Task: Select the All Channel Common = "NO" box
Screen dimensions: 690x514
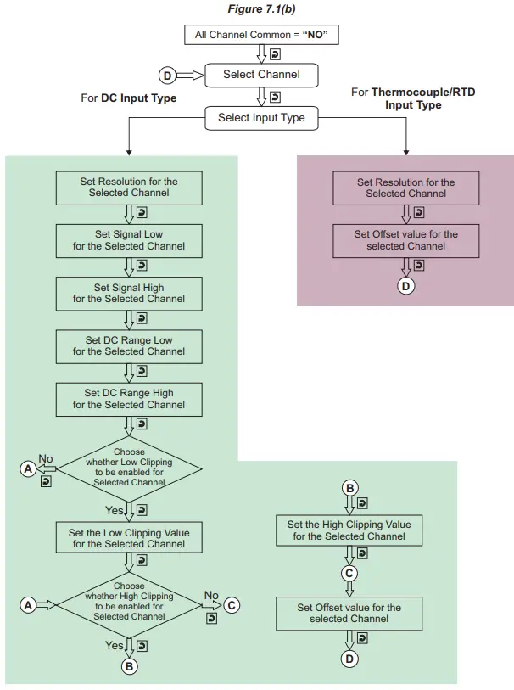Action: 256,36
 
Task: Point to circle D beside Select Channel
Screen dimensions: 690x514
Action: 167,76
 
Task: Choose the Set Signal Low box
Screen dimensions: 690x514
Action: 129,240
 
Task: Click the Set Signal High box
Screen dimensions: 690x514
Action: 129,293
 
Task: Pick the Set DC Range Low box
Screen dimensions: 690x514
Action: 129,345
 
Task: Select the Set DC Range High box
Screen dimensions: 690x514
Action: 129,399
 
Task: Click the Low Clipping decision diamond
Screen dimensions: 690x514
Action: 129,467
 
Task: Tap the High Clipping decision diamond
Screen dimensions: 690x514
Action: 129,601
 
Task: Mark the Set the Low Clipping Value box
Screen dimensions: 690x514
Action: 129,539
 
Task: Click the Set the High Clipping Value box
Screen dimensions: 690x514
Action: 349,530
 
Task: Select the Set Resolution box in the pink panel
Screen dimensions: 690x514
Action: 405,188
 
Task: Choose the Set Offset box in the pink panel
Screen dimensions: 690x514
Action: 405,240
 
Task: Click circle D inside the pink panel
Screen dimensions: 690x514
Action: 405,286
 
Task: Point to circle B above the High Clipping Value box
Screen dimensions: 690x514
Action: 349,487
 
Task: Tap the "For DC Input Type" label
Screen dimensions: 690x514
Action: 128,98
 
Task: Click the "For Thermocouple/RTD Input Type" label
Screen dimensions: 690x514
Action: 413,98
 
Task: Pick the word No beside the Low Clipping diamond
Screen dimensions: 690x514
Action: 46,459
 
